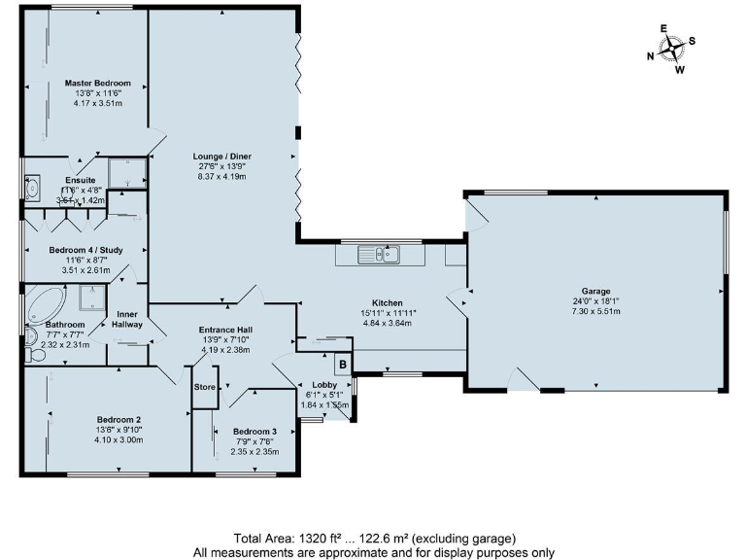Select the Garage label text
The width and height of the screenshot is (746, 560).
(x=595, y=291)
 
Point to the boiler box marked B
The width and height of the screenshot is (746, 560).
(x=341, y=366)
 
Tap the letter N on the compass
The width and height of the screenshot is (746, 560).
(x=651, y=56)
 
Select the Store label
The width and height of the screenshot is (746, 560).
(x=204, y=387)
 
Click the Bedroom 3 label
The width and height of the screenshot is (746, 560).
(x=254, y=432)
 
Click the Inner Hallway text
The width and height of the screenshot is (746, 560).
(x=128, y=320)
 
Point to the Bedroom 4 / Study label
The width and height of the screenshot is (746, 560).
(x=85, y=250)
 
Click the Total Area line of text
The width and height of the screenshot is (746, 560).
(x=373, y=539)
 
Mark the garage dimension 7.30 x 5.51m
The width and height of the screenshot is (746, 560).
(x=595, y=311)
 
